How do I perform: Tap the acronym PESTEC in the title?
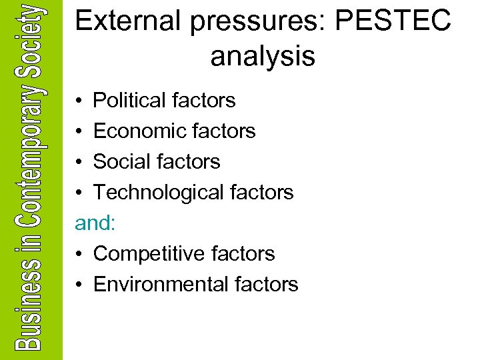[x=393, y=21]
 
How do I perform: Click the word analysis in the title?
[x=263, y=57]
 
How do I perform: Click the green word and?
[x=95, y=223]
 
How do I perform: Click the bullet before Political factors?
[x=79, y=101]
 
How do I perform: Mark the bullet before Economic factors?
[x=79, y=132]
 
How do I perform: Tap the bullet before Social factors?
[x=79, y=163]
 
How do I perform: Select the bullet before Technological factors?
[x=79, y=193]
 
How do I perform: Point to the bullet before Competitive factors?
[x=79, y=255]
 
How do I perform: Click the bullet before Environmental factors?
[x=79, y=285]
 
